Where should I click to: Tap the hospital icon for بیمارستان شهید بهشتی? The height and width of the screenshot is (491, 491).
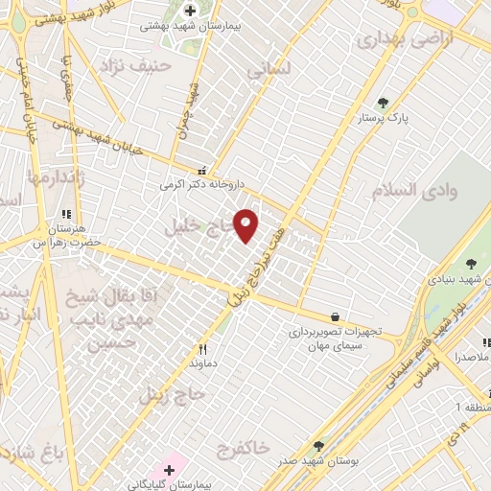[x=191, y=10]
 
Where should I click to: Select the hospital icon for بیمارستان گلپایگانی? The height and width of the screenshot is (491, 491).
[x=170, y=470]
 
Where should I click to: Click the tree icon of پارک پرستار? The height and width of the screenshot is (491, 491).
[x=384, y=103]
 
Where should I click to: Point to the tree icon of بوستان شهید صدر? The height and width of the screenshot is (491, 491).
[x=318, y=446]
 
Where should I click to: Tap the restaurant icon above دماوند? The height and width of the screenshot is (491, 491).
[x=202, y=350]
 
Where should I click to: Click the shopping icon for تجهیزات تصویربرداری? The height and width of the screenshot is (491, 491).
[x=334, y=316]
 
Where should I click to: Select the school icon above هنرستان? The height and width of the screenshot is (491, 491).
[x=67, y=216]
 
